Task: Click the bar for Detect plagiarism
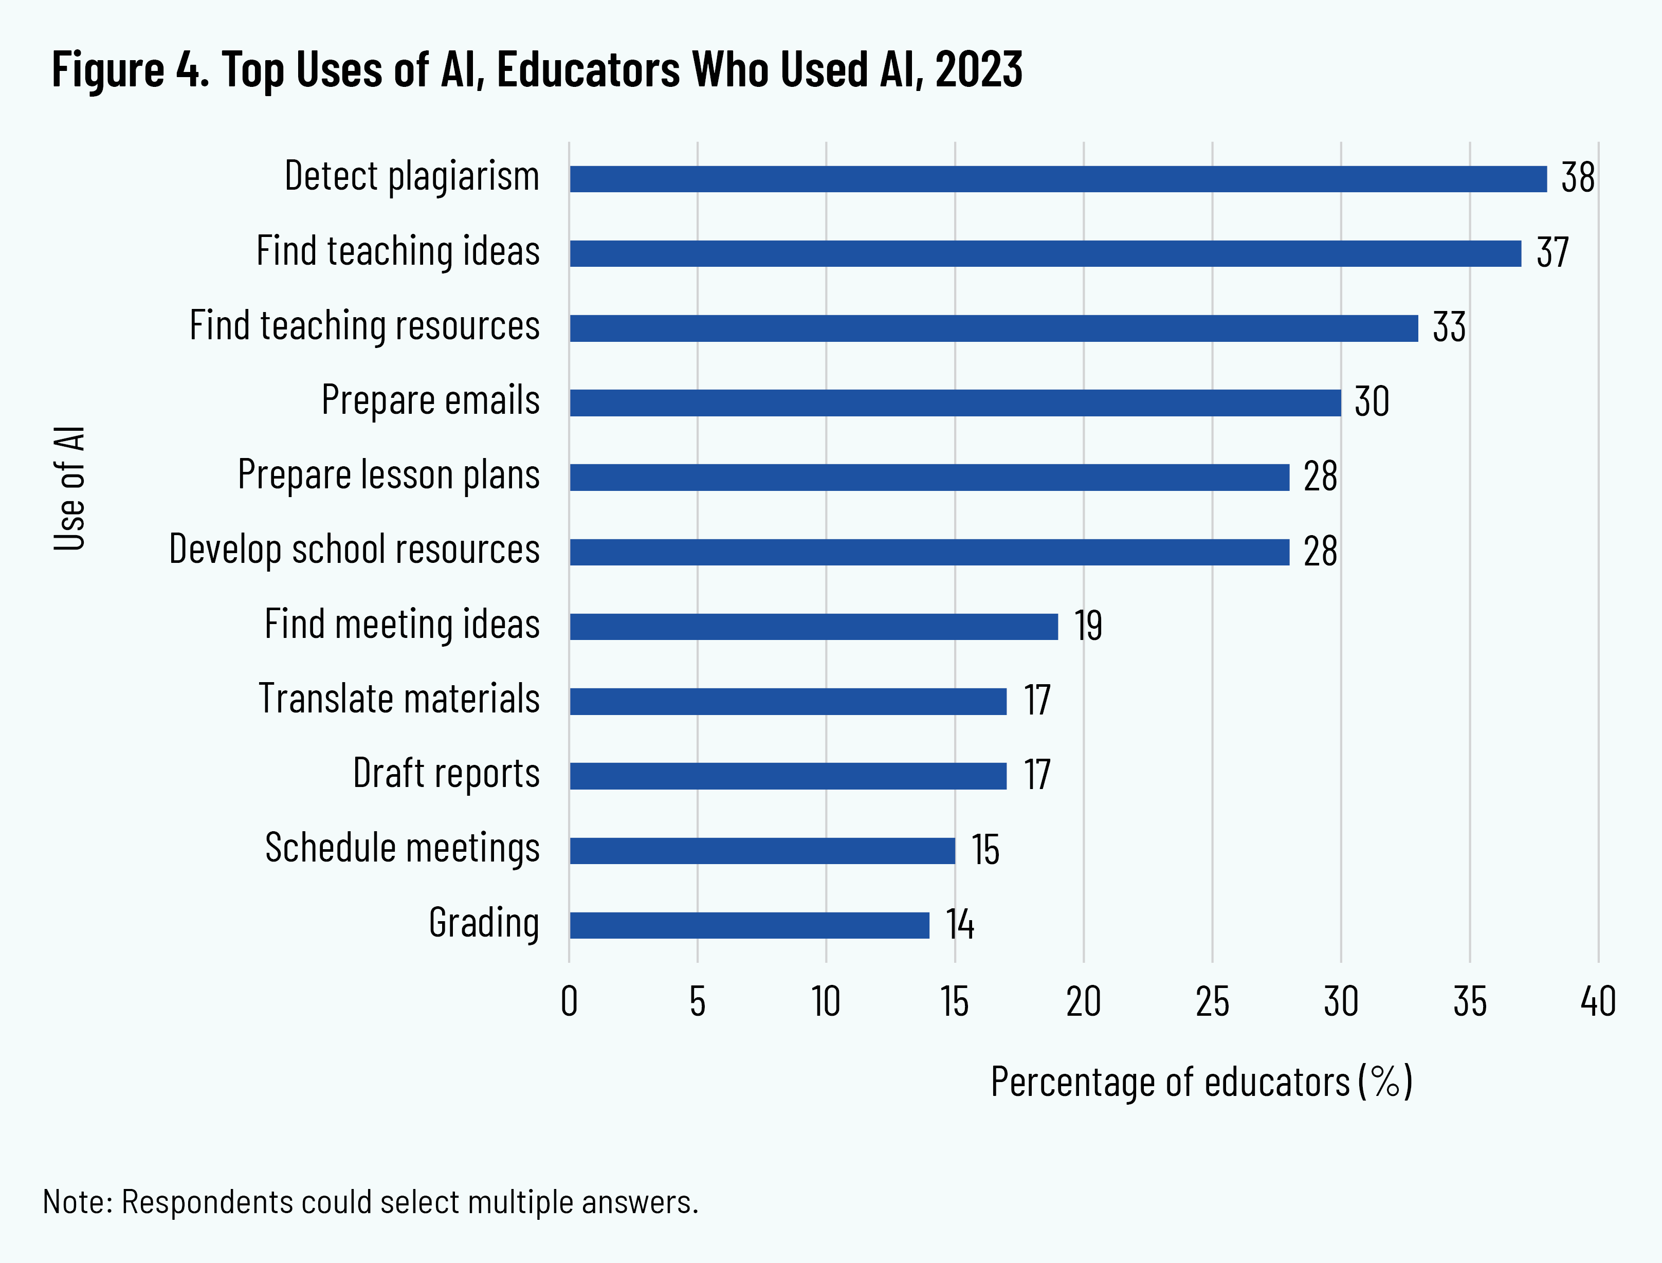coord(1057,179)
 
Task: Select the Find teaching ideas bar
coord(1045,253)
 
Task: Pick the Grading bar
coord(750,925)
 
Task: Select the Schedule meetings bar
coord(762,851)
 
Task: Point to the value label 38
coord(1577,178)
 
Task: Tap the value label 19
coord(1088,626)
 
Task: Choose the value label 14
coord(959,925)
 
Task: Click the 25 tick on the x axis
coord(1212,1002)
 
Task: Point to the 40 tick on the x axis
coord(1597,1002)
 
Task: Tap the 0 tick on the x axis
coord(569,1002)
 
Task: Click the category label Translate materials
coord(399,699)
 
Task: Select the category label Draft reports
coord(447,774)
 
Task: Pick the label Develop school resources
coord(354,550)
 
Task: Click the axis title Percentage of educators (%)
coord(1201,1083)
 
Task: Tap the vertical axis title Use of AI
coord(69,489)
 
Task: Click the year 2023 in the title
coord(979,70)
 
